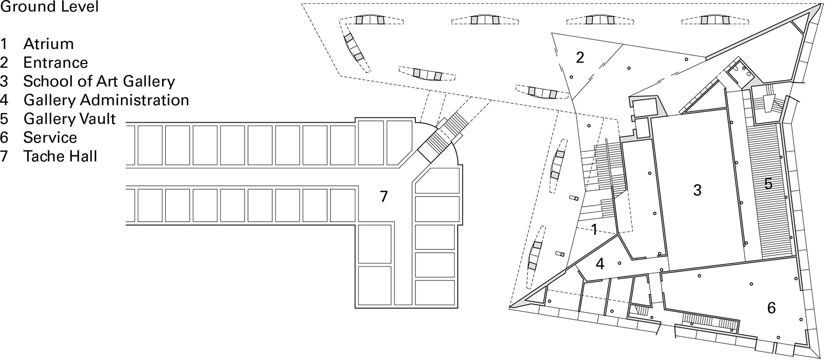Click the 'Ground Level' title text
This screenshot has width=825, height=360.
[49, 7]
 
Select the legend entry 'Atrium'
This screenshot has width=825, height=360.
[49, 44]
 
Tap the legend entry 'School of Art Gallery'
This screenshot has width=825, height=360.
[99, 82]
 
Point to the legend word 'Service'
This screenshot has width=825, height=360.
[50, 138]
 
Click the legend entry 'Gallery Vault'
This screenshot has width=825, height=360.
[69, 119]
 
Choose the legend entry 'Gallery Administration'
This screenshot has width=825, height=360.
[106, 100]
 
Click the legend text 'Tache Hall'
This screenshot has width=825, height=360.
[60, 157]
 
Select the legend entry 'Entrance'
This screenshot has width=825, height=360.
[56, 63]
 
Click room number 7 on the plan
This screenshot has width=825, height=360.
[384, 196]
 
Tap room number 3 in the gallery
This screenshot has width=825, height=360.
[697, 190]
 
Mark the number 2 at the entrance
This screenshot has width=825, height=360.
[580, 58]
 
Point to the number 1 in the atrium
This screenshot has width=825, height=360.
[594, 229]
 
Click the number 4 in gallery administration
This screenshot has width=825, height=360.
[600, 264]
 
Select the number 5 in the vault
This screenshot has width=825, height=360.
[768, 184]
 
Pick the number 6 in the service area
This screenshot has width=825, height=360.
[771, 308]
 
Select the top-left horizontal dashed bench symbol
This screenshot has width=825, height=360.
[371, 20]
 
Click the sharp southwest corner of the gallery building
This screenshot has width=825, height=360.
[513, 306]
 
